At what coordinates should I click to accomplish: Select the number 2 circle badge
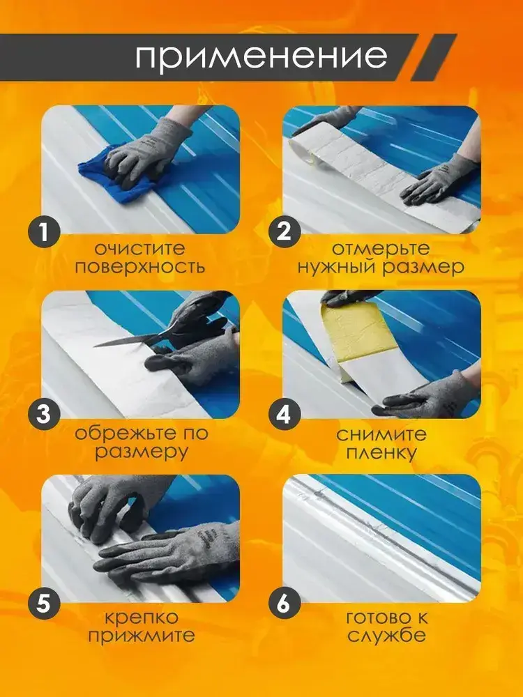(x=285, y=231)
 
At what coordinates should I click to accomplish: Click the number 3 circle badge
(x=44, y=415)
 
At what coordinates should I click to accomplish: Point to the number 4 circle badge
(x=285, y=415)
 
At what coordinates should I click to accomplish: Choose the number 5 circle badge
(x=44, y=604)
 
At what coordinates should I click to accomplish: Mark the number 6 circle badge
(x=285, y=604)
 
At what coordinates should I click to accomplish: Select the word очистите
(x=139, y=249)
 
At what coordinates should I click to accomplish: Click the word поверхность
(x=139, y=267)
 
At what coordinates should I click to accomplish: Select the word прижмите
(x=142, y=636)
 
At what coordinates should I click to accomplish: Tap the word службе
(x=386, y=635)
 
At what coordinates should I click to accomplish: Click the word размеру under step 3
(x=142, y=453)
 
